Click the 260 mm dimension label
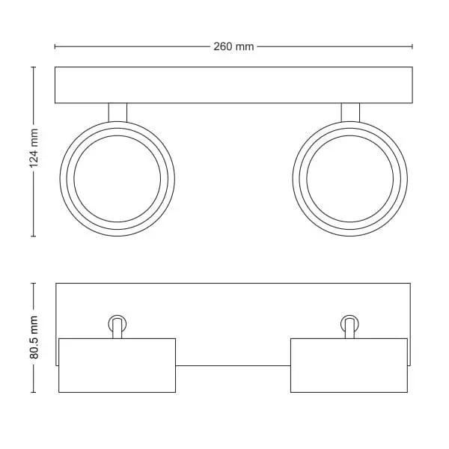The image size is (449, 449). coord(233,46)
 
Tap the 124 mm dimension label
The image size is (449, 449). coord(34,148)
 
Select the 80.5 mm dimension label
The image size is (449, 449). coord(34,337)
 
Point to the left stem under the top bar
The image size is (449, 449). coord(117,112)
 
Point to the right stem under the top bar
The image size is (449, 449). coord(350,112)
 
